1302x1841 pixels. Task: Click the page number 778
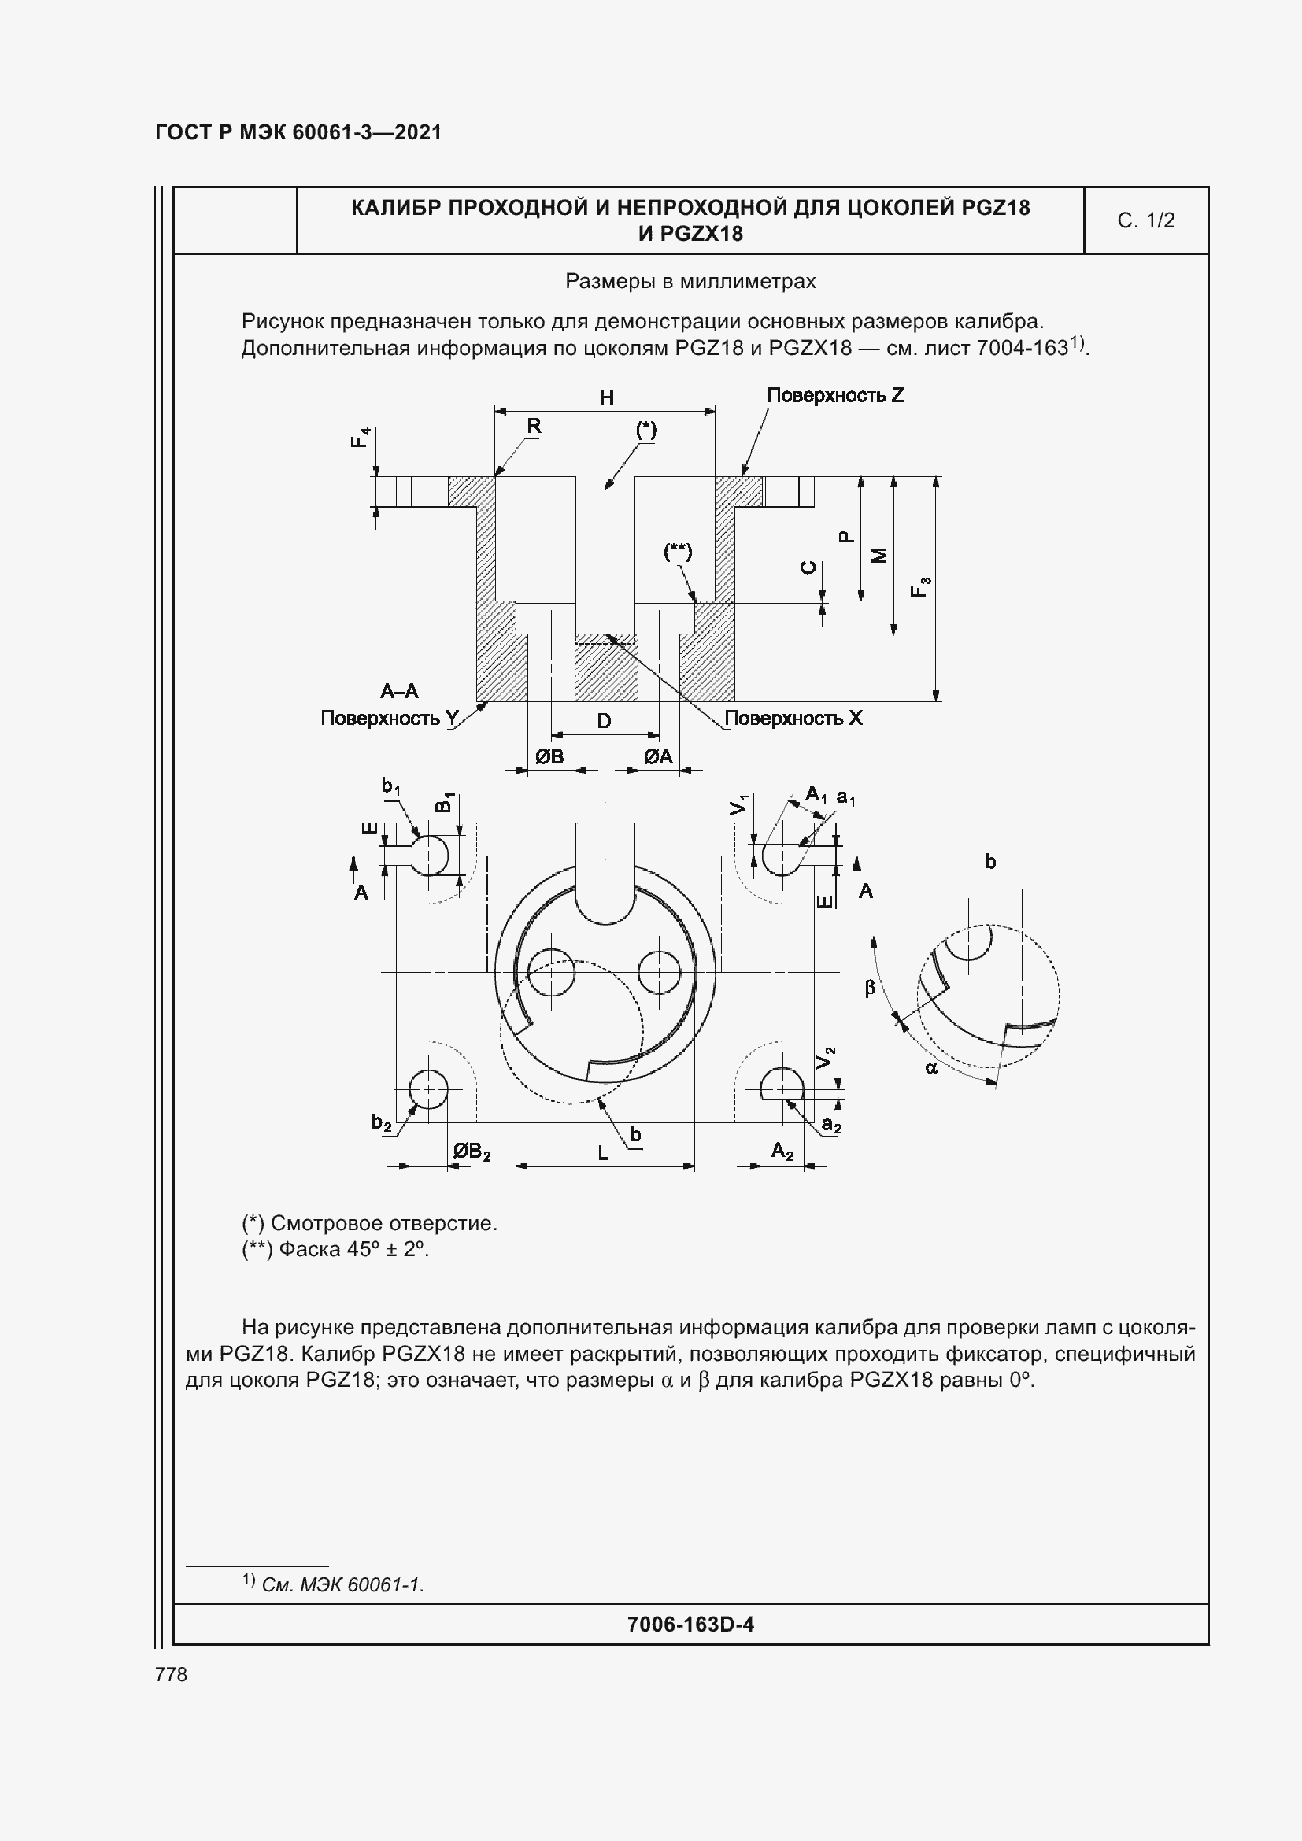click(x=171, y=1674)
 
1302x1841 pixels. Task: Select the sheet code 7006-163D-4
click(x=690, y=1625)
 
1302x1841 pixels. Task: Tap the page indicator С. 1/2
click(x=1145, y=220)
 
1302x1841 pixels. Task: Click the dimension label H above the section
click(x=606, y=397)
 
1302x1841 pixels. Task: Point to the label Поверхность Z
click(x=834, y=395)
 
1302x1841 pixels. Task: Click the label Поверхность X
click(x=793, y=718)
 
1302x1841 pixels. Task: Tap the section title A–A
click(x=399, y=691)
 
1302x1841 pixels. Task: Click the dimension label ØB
click(x=550, y=756)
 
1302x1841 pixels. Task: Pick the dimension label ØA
click(x=658, y=756)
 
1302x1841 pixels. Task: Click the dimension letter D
click(x=604, y=721)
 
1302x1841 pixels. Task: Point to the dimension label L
click(x=603, y=1154)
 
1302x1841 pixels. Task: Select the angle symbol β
click(x=870, y=988)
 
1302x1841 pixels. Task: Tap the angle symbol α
click(x=930, y=1068)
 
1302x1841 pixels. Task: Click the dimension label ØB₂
click(x=471, y=1152)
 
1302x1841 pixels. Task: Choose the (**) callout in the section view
click(x=678, y=552)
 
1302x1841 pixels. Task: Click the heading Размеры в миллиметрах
click(x=690, y=282)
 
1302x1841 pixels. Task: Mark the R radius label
click(x=534, y=426)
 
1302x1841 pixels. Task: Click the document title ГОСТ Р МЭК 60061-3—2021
click(x=298, y=132)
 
